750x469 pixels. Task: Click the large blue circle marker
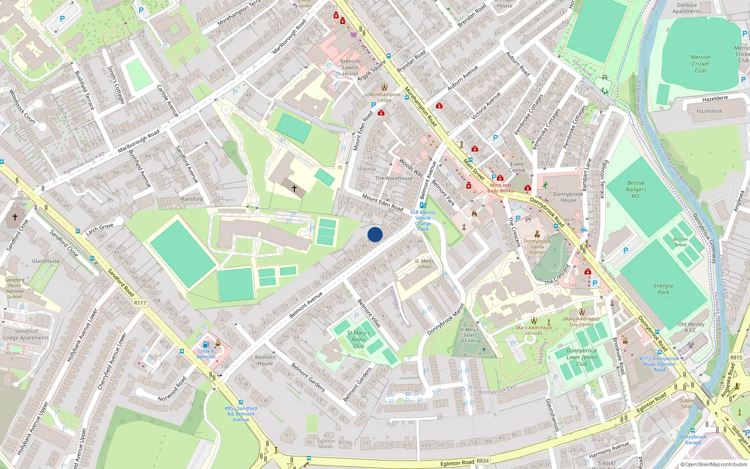click(x=375, y=234)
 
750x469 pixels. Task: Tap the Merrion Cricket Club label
click(x=700, y=64)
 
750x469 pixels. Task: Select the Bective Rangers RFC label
click(x=636, y=189)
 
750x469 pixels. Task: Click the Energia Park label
click(x=663, y=288)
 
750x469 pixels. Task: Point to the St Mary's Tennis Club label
click(x=359, y=340)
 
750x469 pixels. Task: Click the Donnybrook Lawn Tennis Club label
click(x=582, y=357)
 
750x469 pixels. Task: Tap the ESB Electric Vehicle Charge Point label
click(x=423, y=220)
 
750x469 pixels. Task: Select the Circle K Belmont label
click(x=206, y=354)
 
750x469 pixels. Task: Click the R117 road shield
click(x=140, y=303)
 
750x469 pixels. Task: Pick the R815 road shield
click(x=736, y=357)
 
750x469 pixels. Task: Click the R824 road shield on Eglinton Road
click(x=482, y=461)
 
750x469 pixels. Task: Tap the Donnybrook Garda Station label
click(x=537, y=246)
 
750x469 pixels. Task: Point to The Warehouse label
click(x=394, y=178)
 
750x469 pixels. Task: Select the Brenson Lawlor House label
click(x=350, y=67)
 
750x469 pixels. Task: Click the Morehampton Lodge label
click(x=384, y=97)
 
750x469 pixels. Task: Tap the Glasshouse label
click(x=46, y=261)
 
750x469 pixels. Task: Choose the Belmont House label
click(x=265, y=360)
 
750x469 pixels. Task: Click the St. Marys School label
click(x=424, y=264)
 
